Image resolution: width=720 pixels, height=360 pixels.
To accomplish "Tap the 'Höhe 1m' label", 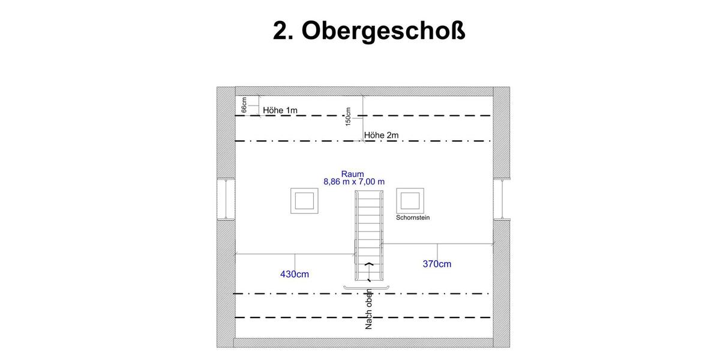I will pyautogui.click(x=280, y=110).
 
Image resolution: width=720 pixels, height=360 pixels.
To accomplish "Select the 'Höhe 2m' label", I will pyautogui.click(x=381, y=136).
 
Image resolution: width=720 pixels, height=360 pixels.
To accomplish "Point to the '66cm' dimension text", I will pyautogui.click(x=244, y=106).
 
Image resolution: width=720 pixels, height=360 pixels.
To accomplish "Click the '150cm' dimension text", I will pyautogui.click(x=348, y=117).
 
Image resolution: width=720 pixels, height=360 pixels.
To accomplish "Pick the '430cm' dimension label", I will pyautogui.click(x=295, y=274).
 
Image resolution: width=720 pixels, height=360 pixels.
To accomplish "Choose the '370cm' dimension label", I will pyautogui.click(x=437, y=263).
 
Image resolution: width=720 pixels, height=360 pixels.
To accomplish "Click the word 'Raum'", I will pyautogui.click(x=353, y=174).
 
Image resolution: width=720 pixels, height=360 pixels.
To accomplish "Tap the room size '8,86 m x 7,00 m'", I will pyautogui.click(x=354, y=181).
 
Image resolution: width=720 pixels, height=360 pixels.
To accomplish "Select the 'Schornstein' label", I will pyautogui.click(x=413, y=218).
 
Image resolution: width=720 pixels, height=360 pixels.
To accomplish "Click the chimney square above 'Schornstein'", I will pyautogui.click(x=411, y=200).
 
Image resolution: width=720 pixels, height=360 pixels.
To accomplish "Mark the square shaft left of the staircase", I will pyautogui.click(x=304, y=200).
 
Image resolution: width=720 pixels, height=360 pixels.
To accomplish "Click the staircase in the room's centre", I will pyautogui.click(x=368, y=228).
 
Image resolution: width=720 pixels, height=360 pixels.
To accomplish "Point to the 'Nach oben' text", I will pyautogui.click(x=369, y=309).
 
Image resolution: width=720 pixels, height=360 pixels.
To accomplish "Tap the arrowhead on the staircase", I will pyautogui.click(x=368, y=263).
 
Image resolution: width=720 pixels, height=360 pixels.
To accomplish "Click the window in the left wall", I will pyautogui.click(x=226, y=199).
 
